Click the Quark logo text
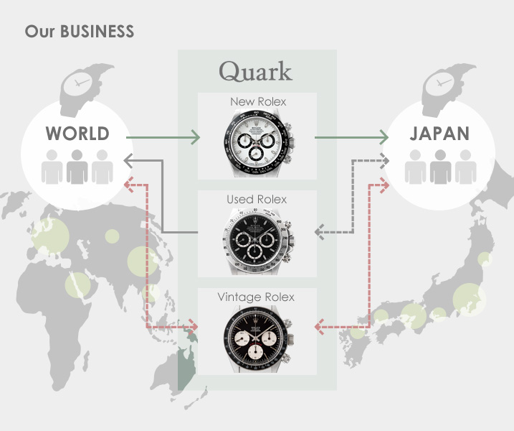pyautogui.click(x=256, y=71)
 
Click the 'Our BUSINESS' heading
pyautogui.click(x=80, y=32)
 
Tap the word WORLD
pyautogui.click(x=77, y=134)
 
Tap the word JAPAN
pyautogui.click(x=439, y=134)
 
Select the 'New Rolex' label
pyautogui.click(x=257, y=102)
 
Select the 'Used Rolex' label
pyautogui.click(x=257, y=199)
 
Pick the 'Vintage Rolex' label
pyautogui.click(x=256, y=297)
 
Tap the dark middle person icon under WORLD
pyautogui.click(x=77, y=167)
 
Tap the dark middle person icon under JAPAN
pyautogui.click(x=440, y=167)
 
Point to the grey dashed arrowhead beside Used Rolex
pyautogui.click(x=319, y=231)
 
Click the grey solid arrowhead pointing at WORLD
pyautogui.click(x=128, y=159)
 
